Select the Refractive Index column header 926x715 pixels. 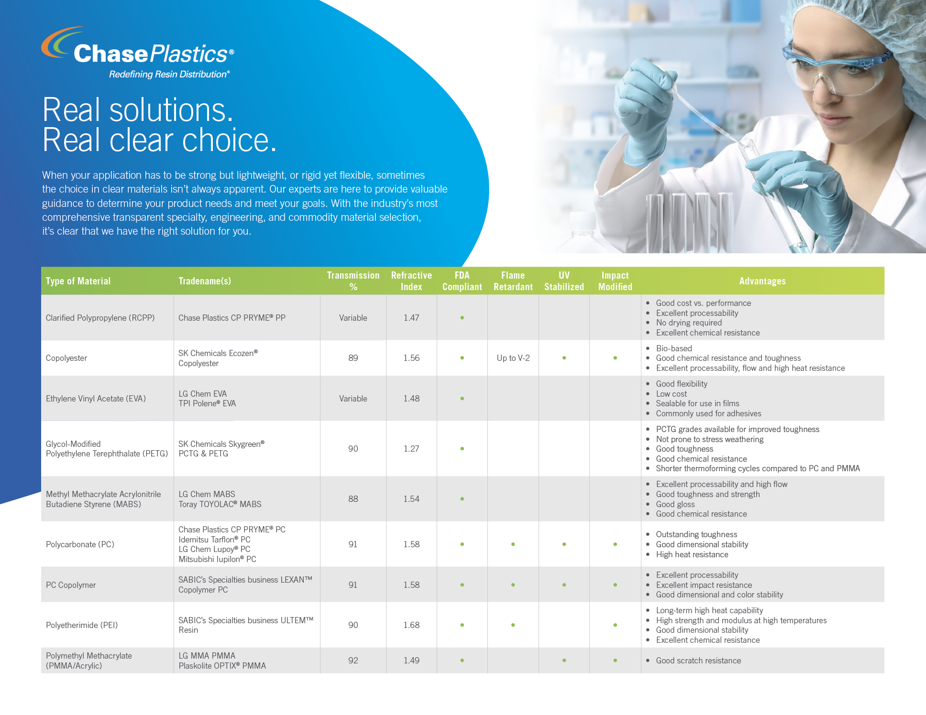click(x=411, y=281)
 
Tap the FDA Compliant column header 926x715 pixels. click(x=462, y=281)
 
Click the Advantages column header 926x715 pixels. click(x=762, y=281)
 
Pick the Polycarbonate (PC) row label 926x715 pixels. click(x=80, y=544)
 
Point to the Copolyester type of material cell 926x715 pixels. click(x=66, y=358)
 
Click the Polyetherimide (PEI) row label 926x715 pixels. click(x=82, y=625)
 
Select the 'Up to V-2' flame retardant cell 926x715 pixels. click(x=513, y=358)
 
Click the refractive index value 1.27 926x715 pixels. click(x=411, y=449)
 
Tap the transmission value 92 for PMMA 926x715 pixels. click(x=353, y=661)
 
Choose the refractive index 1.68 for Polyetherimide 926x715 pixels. click(x=411, y=625)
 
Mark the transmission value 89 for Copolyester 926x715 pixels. click(x=353, y=358)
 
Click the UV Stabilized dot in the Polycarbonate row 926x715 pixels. click(x=564, y=544)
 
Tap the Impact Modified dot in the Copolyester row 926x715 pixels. click(x=615, y=358)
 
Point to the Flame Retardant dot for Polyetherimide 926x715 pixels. click(x=513, y=625)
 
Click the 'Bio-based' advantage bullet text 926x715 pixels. click(x=674, y=348)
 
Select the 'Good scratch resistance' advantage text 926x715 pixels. click(x=698, y=661)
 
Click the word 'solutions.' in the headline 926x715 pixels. click(x=171, y=110)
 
